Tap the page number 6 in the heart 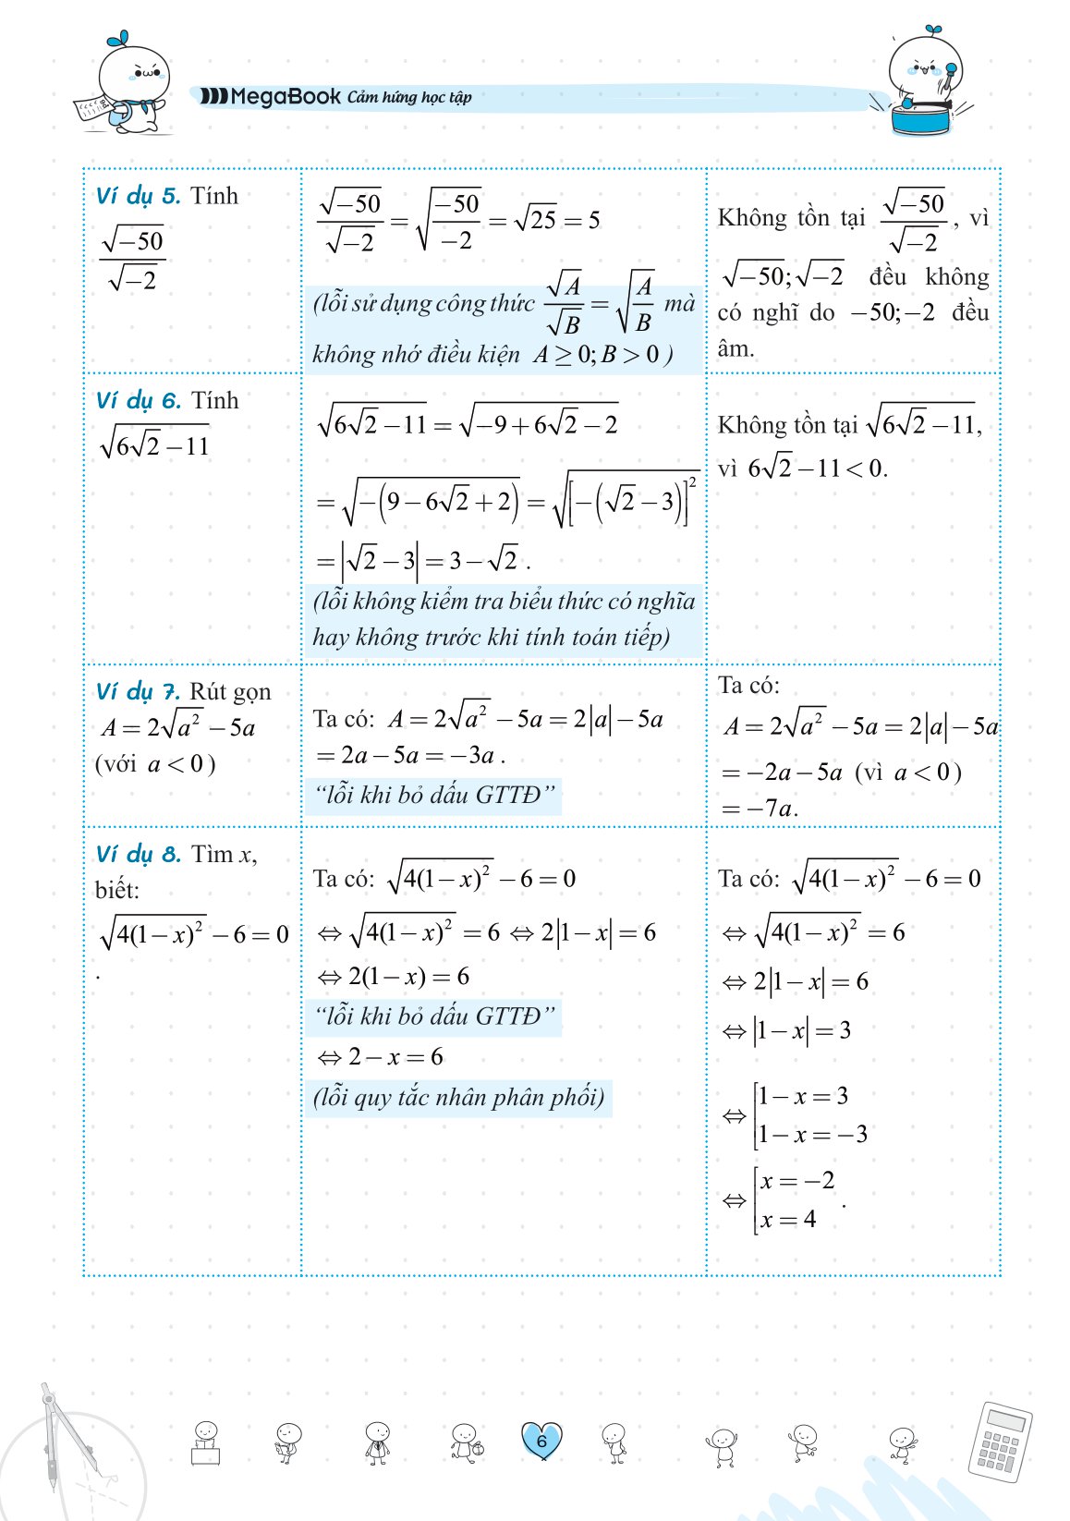541,1440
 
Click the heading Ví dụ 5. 139,196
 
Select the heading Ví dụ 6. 139,400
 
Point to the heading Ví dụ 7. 139,691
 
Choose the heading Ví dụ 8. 139,854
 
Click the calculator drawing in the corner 1000,1442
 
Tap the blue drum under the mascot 921,118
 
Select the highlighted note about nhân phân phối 459,1098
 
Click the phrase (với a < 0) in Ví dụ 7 155,764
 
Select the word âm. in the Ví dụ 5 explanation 736,349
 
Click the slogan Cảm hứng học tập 409,97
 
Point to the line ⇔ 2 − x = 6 380,1056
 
